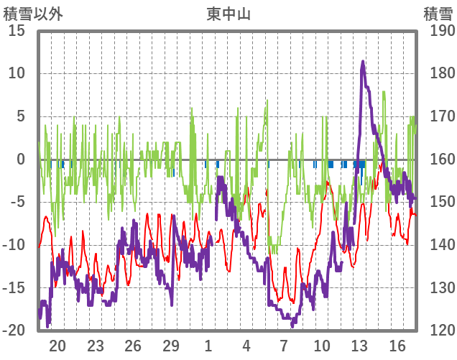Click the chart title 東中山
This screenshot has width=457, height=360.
click(228, 14)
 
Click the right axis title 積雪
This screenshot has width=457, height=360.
click(438, 14)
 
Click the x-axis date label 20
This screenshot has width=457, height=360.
click(57, 346)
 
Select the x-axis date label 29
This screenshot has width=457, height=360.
click(171, 346)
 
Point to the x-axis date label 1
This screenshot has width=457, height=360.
click(208, 346)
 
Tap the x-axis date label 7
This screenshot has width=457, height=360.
click(284, 346)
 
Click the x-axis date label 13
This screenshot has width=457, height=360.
click(359, 346)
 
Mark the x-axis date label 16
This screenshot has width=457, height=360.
click(397, 346)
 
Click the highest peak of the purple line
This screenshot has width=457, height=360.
click(363, 63)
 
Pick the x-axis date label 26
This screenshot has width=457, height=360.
click(133, 346)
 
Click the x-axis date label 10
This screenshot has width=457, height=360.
click(322, 346)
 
